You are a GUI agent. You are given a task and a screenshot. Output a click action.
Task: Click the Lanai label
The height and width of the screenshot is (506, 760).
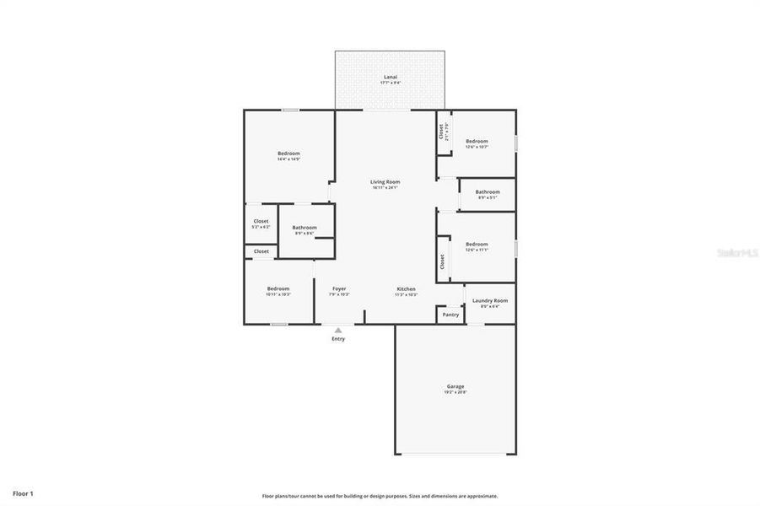390,77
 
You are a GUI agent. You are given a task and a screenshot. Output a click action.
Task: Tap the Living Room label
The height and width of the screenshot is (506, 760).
385,182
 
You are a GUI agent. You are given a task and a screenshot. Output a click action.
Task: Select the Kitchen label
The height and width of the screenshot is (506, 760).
406,289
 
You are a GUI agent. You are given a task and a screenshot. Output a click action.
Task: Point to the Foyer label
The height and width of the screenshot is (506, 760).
338,289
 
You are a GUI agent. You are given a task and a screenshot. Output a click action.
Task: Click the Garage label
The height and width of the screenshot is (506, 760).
455,387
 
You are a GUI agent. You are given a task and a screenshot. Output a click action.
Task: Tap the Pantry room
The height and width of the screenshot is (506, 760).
450,315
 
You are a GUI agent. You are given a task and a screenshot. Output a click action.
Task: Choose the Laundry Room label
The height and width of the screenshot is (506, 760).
489,301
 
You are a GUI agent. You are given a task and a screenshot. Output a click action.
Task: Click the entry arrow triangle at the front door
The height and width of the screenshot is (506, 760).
338,330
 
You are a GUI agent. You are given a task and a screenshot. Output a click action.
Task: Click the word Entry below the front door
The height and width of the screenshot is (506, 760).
338,339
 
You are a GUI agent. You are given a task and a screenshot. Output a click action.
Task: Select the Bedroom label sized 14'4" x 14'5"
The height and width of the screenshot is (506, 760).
288,153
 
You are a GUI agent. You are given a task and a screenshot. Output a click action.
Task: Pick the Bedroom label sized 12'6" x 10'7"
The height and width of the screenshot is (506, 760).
477,142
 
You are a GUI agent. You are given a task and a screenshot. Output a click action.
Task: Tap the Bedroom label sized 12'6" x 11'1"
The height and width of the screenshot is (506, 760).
477,245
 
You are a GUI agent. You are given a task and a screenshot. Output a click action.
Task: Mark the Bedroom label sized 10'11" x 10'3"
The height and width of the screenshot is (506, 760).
278,289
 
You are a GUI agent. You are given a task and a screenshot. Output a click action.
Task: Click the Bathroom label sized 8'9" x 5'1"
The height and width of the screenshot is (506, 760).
487,192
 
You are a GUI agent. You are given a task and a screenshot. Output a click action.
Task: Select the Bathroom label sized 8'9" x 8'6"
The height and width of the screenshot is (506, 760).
305,228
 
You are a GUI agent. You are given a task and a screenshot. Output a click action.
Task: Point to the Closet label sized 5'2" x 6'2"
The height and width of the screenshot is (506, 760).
261,222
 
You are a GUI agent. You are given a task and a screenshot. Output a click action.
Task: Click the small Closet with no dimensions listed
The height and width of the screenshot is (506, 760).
261,251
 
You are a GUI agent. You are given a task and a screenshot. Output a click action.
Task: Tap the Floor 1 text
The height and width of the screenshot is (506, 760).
23,493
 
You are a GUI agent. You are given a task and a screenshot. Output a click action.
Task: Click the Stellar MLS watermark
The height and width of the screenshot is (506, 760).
736,252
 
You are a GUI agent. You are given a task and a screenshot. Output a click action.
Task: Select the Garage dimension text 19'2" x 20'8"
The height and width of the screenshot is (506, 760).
455,393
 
